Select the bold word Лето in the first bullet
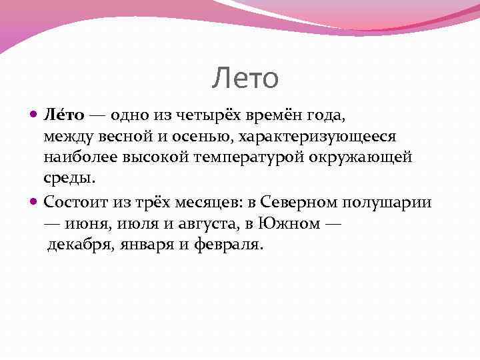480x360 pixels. pyautogui.click(x=64, y=115)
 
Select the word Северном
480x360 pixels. pyautogui.click(x=296, y=201)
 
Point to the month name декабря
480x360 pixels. pyautogui.click(x=80, y=244)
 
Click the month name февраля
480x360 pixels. pyautogui.click(x=229, y=244)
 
